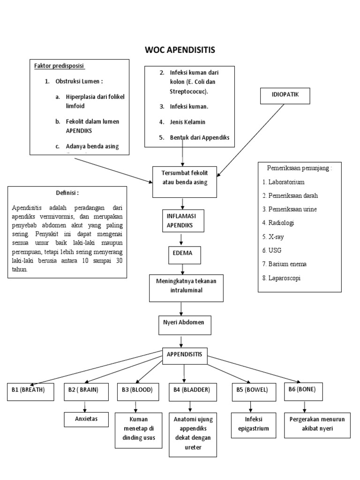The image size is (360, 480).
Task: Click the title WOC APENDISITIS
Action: click(x=180, y=50)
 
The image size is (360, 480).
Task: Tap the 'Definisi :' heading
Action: click(x=67, y=193)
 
